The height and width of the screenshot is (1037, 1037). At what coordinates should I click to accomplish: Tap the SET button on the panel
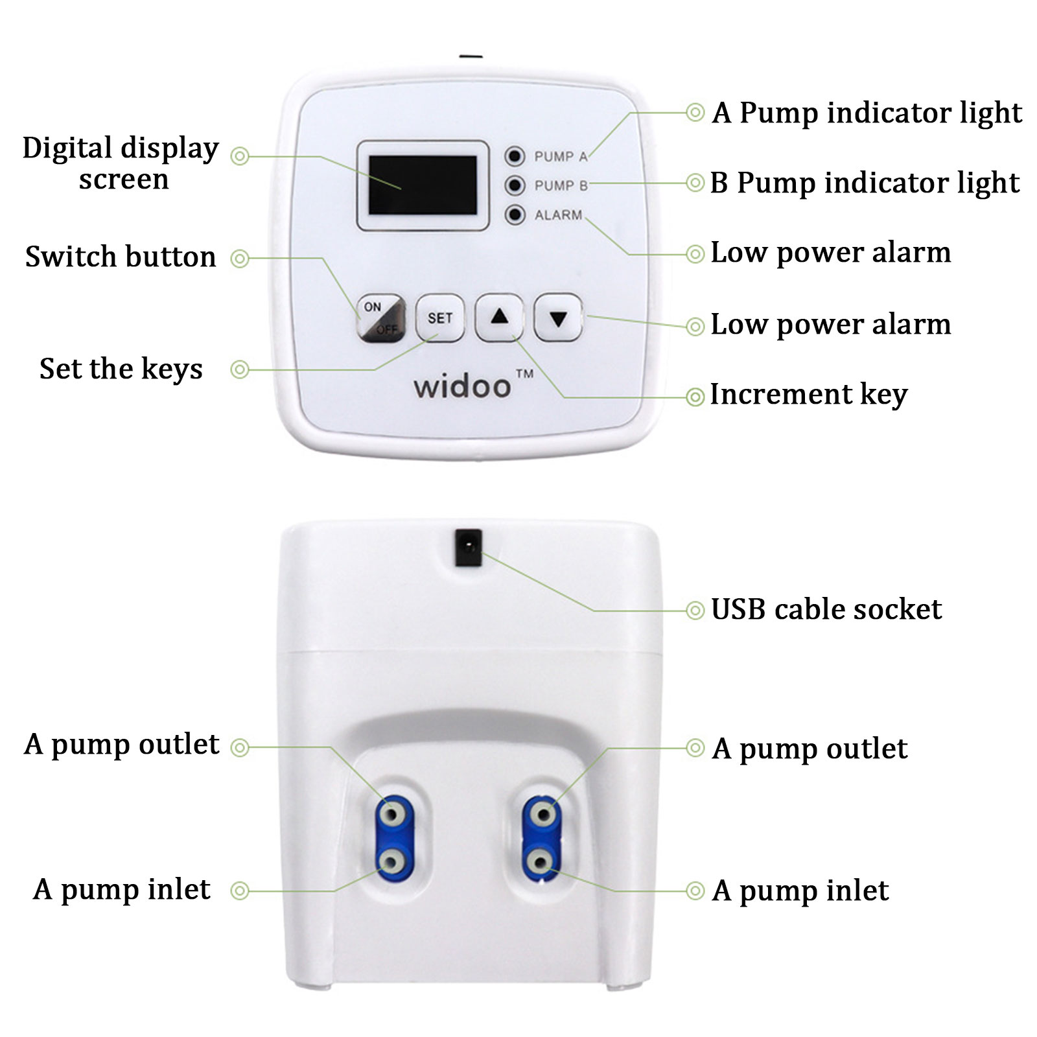tap(440, 318)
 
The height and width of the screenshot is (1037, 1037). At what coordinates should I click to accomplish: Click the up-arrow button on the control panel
tap(499, 317)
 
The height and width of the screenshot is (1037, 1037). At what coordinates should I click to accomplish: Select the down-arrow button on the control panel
tap(558, 318)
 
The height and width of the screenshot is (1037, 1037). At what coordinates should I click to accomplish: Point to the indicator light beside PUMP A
tap(515, 156)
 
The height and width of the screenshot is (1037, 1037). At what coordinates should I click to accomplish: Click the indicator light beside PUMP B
tap(515, 185)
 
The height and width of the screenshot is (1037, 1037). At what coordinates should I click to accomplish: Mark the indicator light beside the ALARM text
tap(515, 215)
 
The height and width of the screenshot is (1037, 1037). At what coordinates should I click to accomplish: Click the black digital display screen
tap(423, 185)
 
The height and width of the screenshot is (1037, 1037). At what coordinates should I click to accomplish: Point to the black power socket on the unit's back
tap(469, 548)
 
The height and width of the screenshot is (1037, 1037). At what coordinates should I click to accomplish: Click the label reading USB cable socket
tap(826, 609)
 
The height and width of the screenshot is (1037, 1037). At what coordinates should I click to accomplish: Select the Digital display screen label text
tap(121, 163)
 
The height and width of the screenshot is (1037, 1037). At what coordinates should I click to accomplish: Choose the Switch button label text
tap(121, 257)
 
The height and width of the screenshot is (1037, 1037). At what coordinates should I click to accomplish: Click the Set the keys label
tap(121, 369)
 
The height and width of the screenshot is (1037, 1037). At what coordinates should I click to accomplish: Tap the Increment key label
tap(809, 395)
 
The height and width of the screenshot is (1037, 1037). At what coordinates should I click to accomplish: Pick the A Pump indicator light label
tap(867, 113)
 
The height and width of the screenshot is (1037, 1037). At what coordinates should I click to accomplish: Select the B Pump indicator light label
tap(865, 183)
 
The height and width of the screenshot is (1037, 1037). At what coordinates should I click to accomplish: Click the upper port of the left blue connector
tap(391, 812)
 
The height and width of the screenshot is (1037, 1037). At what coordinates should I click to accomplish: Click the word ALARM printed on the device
tap(558, 215)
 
